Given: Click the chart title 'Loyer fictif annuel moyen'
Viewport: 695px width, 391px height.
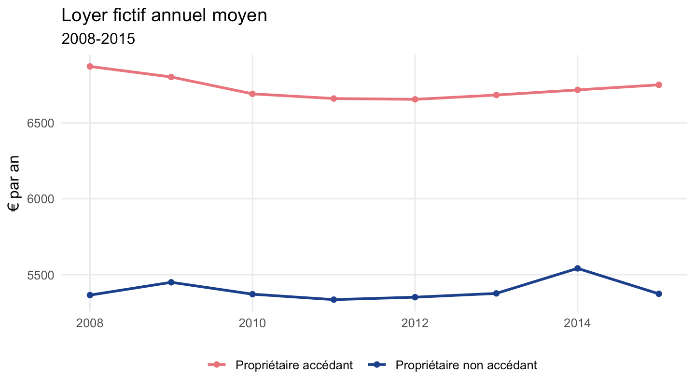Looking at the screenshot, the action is [164, 15].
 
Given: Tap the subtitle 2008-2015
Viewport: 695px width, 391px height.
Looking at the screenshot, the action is [98, 39].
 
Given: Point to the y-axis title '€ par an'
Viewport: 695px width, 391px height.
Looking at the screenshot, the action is [14, 184].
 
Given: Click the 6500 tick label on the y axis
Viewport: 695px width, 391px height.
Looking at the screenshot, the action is [41, 124].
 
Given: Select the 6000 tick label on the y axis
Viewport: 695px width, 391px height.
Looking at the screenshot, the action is [41, 199].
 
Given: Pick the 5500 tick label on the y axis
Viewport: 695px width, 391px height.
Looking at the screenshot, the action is [41, 275].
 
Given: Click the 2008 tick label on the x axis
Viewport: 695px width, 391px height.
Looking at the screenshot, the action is [90, 323].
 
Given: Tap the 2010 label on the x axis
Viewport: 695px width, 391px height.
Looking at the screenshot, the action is [252, 323].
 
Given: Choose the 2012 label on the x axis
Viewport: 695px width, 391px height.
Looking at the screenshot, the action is [415, 323].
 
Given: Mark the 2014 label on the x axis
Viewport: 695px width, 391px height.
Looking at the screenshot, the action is [577, 323].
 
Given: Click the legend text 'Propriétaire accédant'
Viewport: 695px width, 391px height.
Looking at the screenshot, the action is [294, 365].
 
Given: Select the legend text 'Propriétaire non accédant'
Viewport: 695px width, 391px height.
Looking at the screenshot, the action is [466, 365].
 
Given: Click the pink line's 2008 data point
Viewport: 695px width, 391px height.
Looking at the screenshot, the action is [90, 67].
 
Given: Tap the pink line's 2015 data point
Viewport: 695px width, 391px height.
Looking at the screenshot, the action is [659, 85].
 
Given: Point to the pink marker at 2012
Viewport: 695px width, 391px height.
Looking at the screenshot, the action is [415, 99].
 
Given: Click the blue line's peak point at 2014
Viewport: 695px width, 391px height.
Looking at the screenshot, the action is [577, 268].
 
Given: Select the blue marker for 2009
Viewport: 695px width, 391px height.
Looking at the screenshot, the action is [171, 282].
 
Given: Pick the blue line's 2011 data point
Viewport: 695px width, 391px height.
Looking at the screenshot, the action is [334, 299].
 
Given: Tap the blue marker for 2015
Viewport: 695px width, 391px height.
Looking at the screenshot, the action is [659, 294].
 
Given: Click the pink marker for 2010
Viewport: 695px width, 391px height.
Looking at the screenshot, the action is [252, 94].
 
